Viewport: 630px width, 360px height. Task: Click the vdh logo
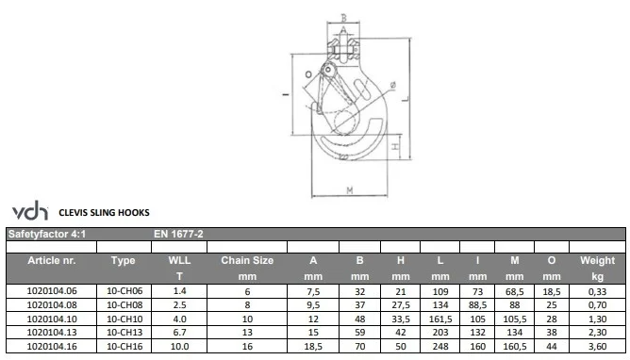(30, 210)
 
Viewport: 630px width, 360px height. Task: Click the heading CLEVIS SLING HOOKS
(104, 213)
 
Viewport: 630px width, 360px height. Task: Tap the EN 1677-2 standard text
(178, 234)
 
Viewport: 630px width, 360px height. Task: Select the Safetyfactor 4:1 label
(47, 234)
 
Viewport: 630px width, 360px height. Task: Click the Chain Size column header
(247, 260)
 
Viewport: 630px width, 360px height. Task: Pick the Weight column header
(597, 260)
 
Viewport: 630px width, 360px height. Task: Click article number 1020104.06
(52, 291)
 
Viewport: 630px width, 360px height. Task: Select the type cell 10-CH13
(124, 333)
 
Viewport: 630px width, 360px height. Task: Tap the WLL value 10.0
(179, 347)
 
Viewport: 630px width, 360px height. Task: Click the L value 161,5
(440, 319)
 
